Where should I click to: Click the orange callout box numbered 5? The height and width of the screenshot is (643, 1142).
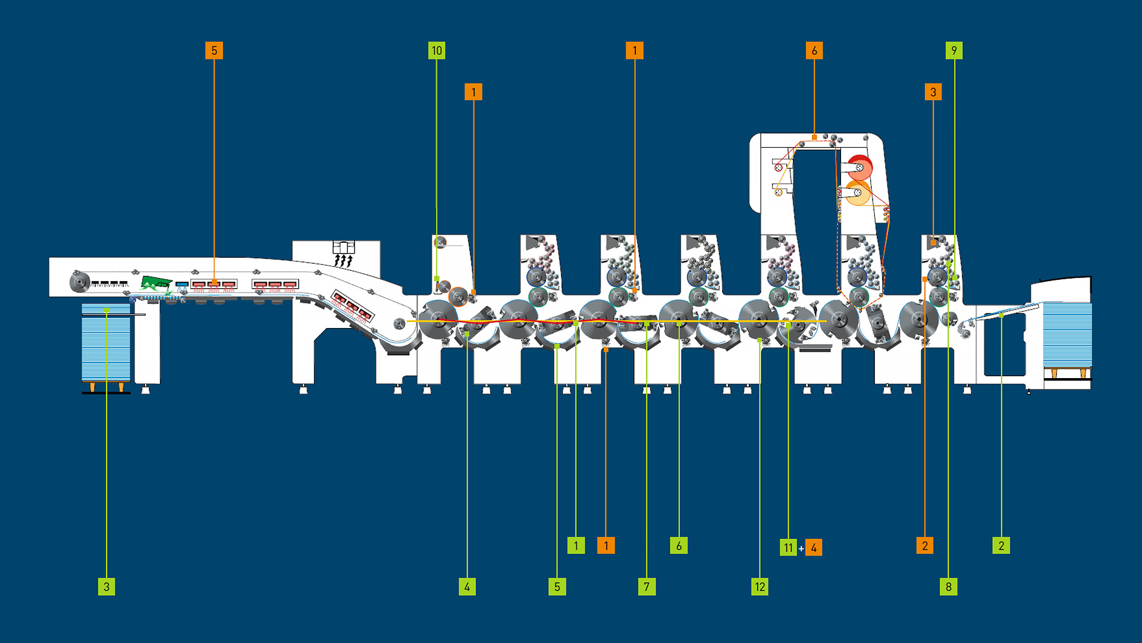214,51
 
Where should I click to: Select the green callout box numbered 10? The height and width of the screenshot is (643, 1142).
437,51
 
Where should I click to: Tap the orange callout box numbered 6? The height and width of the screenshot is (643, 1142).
814,51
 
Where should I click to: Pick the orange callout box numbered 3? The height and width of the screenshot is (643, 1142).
933,92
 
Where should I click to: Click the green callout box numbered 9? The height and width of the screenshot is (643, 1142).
954,51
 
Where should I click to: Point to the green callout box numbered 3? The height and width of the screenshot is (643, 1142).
106,586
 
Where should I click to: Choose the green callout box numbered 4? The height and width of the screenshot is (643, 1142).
467,586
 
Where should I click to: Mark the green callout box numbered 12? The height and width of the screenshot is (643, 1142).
760,586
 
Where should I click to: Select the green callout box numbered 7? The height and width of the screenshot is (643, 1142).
647,586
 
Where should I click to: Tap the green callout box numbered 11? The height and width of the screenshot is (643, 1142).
788,547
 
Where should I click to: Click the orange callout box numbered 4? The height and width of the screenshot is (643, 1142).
814,547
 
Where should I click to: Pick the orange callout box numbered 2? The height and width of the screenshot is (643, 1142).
925,545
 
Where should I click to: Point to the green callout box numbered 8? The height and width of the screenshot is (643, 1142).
949,586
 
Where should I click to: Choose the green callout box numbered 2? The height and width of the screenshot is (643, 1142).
1001,545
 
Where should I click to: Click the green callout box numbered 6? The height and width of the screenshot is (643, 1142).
679,545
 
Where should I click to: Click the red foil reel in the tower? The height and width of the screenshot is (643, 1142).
859,168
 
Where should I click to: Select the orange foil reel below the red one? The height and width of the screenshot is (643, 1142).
858,193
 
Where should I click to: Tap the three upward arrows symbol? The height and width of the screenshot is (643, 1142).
343,261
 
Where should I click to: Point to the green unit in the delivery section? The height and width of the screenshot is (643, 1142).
156,282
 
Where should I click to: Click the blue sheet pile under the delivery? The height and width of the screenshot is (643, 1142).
106,342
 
